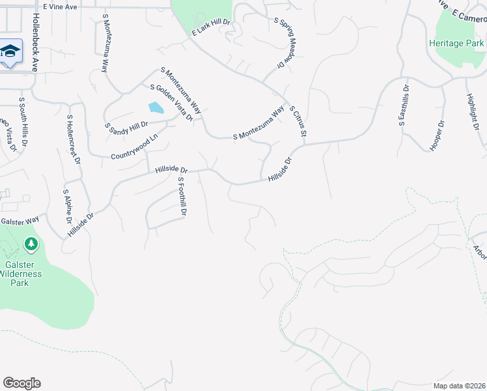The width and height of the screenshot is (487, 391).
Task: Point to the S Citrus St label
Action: pos(298,121)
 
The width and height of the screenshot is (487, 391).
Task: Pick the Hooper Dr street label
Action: pos(436,136)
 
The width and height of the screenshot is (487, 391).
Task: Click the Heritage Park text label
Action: pos(457,43)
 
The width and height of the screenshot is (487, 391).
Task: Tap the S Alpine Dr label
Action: pos(67,205)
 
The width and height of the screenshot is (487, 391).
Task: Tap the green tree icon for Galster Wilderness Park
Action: pos(31,244)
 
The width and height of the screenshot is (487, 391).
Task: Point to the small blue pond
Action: pos(156,108)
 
